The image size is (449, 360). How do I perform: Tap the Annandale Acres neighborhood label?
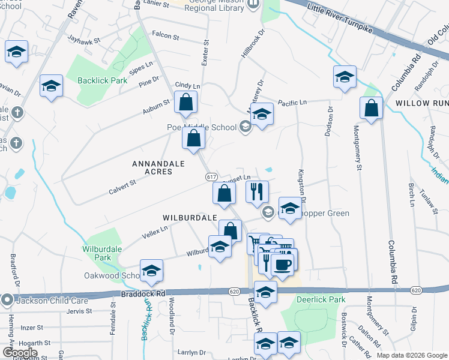tap(152, 167)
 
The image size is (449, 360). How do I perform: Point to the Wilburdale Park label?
tap(97, 253)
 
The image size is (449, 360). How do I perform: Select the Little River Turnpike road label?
tap(341, 16)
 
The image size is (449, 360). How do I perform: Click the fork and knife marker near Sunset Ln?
tap(257, 192)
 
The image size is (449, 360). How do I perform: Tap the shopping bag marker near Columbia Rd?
tap(372, 109)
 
